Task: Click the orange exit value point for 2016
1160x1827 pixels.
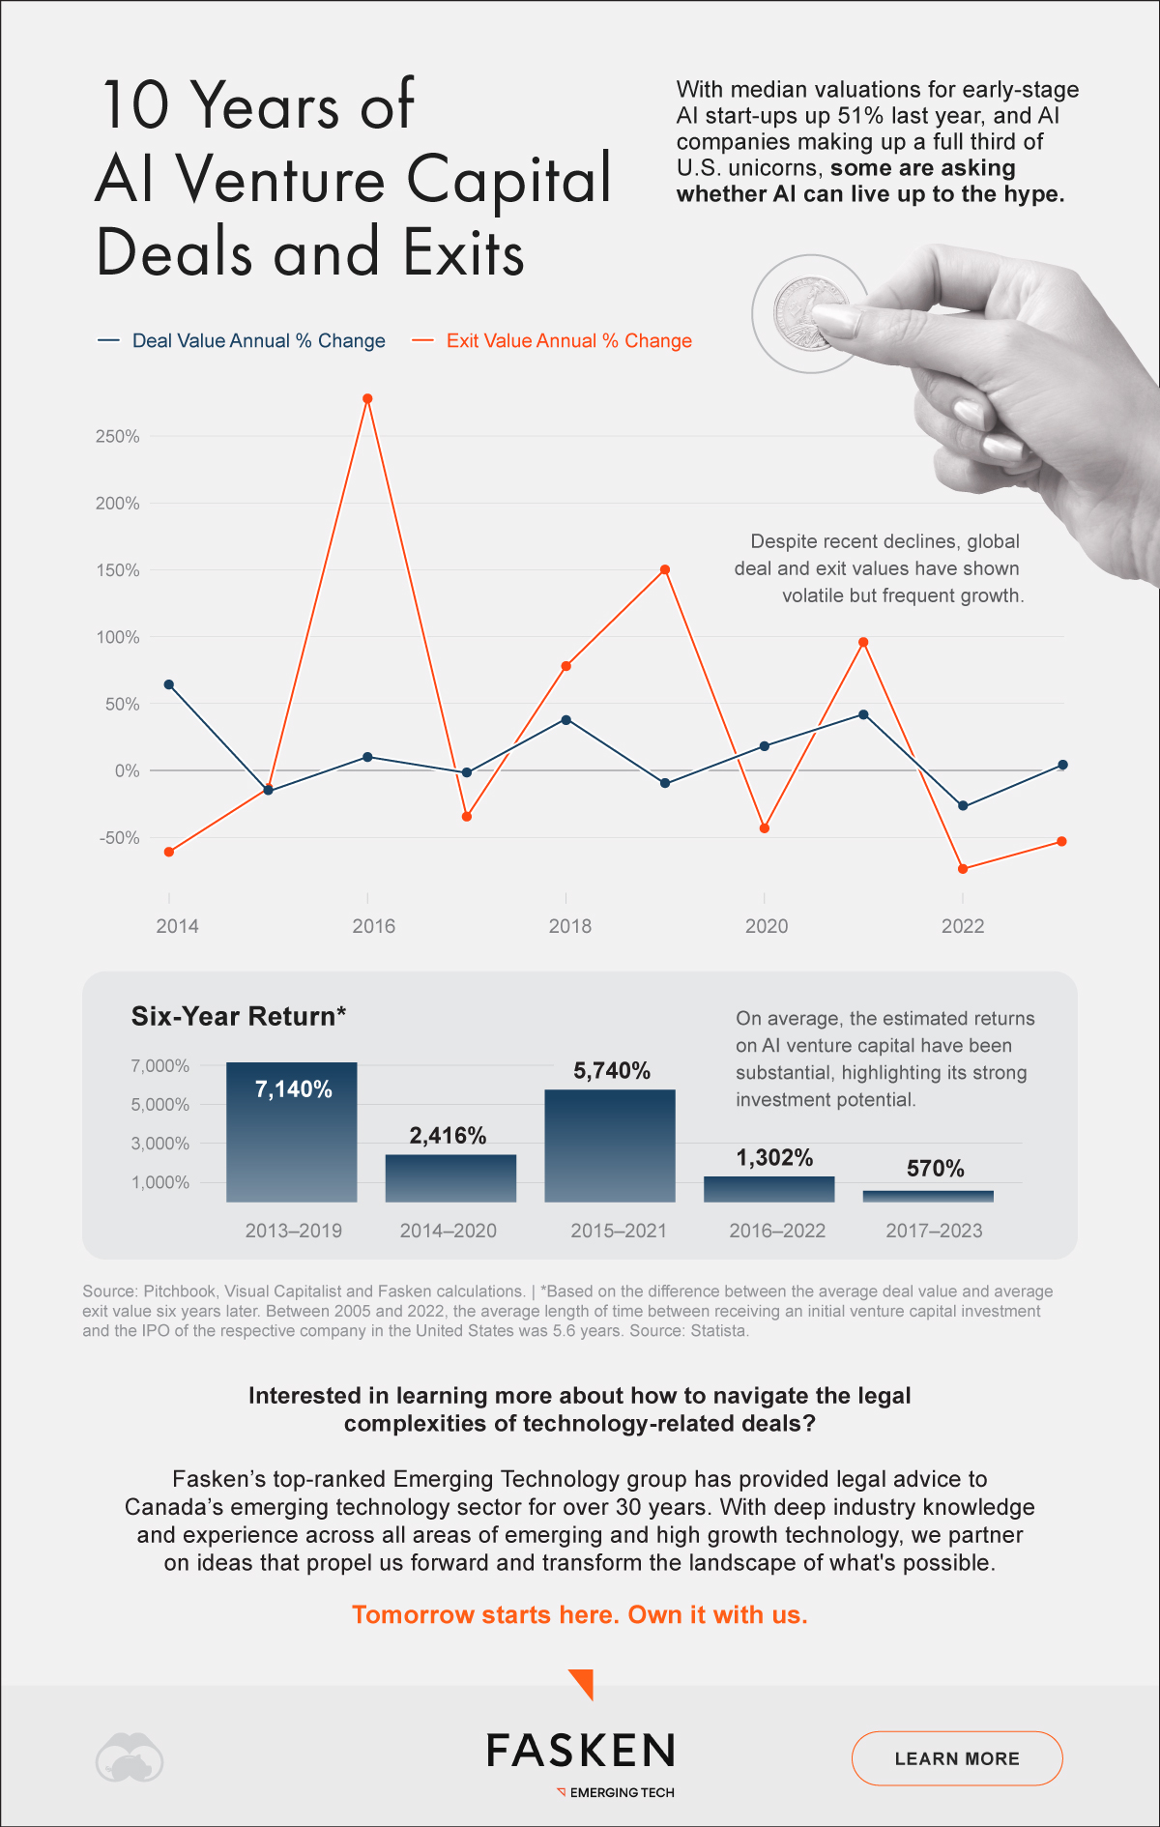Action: tap(367, 398)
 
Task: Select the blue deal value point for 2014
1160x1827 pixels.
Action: tap(169, 684)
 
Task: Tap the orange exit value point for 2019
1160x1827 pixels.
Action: tap(665, 569)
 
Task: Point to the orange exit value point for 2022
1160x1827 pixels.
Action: tap(963, 869)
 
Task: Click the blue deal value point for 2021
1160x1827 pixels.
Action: tap(863, 714)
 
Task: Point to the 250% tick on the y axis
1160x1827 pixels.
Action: tap(118, 437)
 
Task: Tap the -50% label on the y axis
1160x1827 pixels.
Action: tap(119, 838)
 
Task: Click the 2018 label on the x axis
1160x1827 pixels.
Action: tap(570, 926)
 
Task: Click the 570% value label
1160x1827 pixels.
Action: tap(935, 1169)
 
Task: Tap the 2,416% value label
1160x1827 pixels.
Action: tap(448, 1136)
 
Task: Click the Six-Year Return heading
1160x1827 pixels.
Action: tap(239, 1016)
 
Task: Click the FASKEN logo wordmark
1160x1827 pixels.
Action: tap(580, 1751)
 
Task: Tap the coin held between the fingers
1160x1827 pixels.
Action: tap(810, 311)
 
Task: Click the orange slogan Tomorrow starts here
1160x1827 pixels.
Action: tap(579, 1615)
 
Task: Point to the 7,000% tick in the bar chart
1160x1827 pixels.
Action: tap(160, 1066)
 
